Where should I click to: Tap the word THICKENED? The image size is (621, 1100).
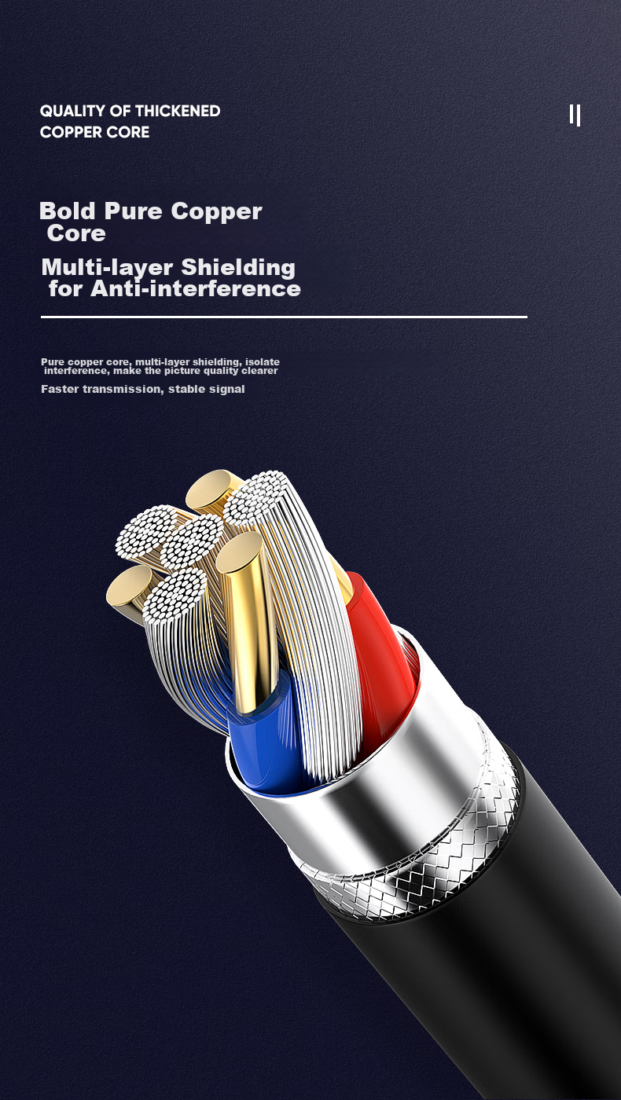(177, 111)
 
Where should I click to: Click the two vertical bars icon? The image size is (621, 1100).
(575, 115)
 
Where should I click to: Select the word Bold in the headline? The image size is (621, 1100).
(68, 211)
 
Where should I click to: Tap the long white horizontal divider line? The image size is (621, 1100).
(283, 317)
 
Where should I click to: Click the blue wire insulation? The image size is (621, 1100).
(267, 739)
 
